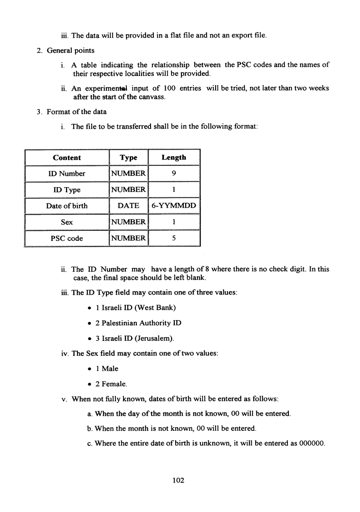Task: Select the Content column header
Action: tap(66, 158)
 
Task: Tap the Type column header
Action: tap(128, 158)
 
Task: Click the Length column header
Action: tap(174, 158)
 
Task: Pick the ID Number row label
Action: tap(66, 174)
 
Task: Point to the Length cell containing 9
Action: tap(174, 174)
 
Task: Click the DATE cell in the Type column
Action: tap(128, 206)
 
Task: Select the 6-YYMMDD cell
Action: tap(174, 206)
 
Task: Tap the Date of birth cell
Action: tap(66, 206)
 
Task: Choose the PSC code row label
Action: tap(66, 238)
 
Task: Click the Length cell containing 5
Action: tap(174, 238)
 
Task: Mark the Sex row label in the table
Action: tap(66, 222)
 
